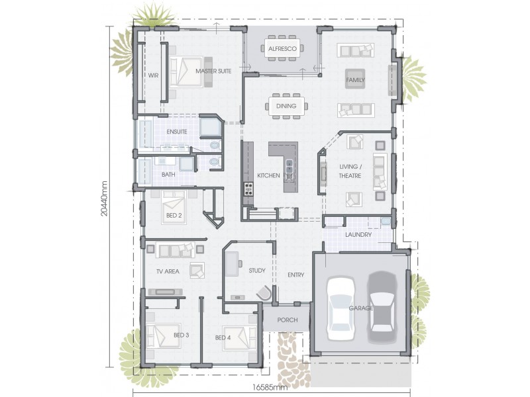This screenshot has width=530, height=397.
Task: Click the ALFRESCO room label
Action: tap(282, 48)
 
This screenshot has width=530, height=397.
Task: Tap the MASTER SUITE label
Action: tap(213, 71)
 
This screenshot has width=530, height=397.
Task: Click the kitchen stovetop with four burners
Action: tap(248, 189)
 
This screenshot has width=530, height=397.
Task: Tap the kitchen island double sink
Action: tap(290, 166)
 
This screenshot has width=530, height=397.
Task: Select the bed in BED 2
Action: tap(174, 207)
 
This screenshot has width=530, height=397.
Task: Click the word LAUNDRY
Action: tap(358, 235)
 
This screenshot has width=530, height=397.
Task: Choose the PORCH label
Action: tap(288, 320)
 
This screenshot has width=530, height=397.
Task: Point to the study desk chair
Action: tap(264, 292)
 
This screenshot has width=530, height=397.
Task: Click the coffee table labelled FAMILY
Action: tap(355, 79)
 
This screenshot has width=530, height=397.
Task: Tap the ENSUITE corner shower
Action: tap(211, 126)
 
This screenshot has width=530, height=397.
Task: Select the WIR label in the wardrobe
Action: tap(153, 75)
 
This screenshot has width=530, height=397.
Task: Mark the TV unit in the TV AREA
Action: tap(165, 292)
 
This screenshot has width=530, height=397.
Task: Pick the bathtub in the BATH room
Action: tap(144, 171)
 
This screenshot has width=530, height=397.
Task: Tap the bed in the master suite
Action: tap(186, 72)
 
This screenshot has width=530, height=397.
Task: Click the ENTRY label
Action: tap(295, 275)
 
